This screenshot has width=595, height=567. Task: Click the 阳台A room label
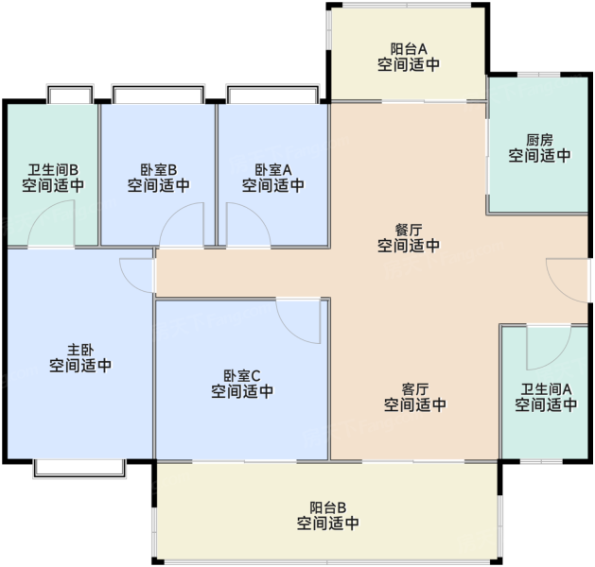[x=409, y=49]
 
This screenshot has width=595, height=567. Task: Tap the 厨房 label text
[x=539, y=140]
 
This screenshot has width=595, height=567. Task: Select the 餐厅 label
[x=409, y=230]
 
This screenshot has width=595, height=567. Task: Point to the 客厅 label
[x=414, y=389]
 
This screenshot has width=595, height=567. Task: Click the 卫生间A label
[x=546, y=389]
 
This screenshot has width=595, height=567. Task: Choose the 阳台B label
[x=328, y=507]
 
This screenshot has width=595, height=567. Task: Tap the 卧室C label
[x=242, y=375]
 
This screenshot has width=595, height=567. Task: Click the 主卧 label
[x=80, y=350]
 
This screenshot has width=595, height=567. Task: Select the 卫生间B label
[x=53, y=169]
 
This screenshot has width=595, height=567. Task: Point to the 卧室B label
[x=159, y=169]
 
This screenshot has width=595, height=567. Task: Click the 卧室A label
[x=273, y=169]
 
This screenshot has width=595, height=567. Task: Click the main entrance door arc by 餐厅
[x=558, y=291]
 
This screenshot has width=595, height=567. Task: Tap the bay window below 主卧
[x=79, y=469]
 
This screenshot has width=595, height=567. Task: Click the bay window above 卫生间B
[x=70, y=94]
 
